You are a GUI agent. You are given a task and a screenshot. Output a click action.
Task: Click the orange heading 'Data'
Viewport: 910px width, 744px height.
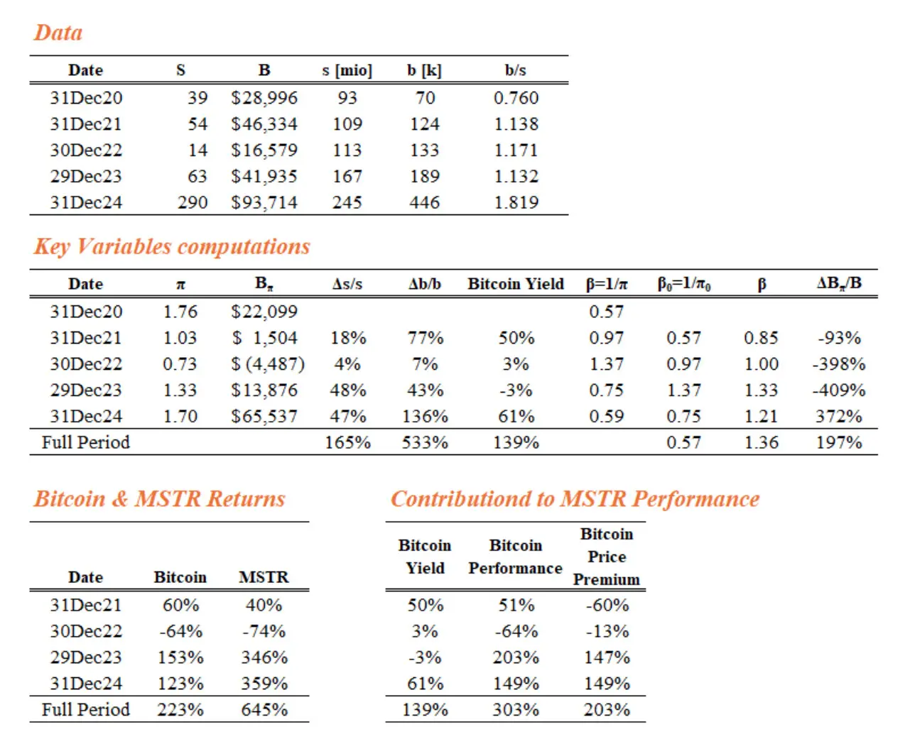(58, 33)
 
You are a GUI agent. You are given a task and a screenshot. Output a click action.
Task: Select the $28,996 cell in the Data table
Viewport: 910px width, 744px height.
(264, 98)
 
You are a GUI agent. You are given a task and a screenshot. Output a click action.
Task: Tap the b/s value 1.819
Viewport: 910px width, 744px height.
(516, 202)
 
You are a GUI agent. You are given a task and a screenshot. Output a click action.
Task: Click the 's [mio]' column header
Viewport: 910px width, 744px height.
(347, 70)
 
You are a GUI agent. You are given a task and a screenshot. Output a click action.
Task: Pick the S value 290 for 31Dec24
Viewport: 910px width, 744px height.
(193, 202)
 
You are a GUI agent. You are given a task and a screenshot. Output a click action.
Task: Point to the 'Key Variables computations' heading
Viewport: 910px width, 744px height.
(172, 246)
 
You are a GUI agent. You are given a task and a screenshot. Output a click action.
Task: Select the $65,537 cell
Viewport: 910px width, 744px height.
(264, 416)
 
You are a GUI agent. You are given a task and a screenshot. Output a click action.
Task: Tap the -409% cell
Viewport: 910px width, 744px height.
(838, 390)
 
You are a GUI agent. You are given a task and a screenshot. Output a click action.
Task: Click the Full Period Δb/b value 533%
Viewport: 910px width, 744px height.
(425, 442)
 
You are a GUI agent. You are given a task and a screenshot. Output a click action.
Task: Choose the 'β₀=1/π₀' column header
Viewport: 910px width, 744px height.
(683, 284)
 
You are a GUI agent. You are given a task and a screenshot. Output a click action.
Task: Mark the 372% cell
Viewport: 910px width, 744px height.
(838, 416)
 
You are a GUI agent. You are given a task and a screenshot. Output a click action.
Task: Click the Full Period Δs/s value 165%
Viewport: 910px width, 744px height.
(347, 442)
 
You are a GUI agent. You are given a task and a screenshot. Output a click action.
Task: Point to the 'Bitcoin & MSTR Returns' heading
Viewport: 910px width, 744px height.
(159, 499)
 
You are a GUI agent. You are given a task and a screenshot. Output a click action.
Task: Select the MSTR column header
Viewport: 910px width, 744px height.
(264, 577)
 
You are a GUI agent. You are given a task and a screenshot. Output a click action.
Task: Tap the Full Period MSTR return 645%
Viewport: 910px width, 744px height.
(264, 709)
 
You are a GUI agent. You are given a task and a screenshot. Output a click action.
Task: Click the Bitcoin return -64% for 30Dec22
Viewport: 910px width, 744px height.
(180, 631)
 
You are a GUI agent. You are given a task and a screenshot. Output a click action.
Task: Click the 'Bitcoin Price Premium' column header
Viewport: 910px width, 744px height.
(607, 557)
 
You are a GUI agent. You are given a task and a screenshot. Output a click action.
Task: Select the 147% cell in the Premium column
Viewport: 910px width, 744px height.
(607, 657)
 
